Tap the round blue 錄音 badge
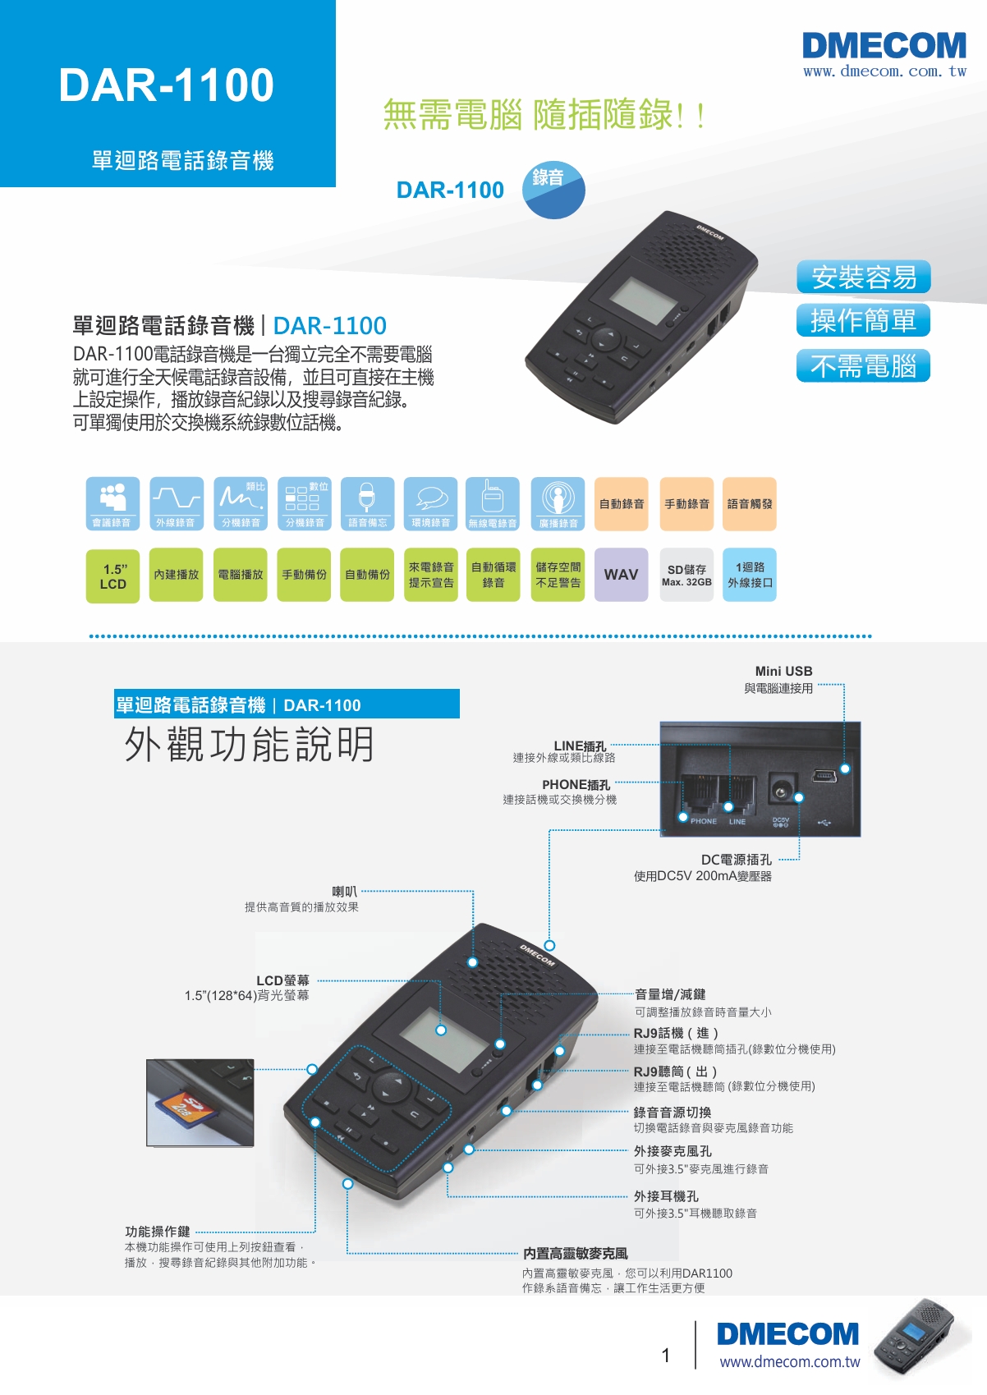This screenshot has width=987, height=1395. coord(553,190)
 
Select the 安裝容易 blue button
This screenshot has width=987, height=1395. coord(864,277)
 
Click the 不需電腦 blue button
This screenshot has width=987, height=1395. coord(864,365)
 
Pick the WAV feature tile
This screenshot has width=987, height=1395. coord(621,574)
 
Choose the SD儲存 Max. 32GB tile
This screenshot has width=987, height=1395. coord(686,574)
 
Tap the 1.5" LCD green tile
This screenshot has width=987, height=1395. coord(112,576)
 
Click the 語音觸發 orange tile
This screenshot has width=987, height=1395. coord(749,504)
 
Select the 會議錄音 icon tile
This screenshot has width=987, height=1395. coord(112,504)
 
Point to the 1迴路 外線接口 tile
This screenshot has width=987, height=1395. coord(750,574)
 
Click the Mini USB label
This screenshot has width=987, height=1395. coord(783,671)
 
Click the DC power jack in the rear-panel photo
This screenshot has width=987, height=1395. coord(779,791)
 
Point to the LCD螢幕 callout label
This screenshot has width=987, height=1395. coord(282,980)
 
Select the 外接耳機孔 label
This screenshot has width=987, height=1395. coord(666,1195)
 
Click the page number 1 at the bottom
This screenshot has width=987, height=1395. coord(666,1355)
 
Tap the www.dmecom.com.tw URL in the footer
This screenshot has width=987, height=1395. coord(790,1361)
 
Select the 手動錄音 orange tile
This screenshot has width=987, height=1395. coord(686,504)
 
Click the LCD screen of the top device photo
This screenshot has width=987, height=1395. coord(643,301)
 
